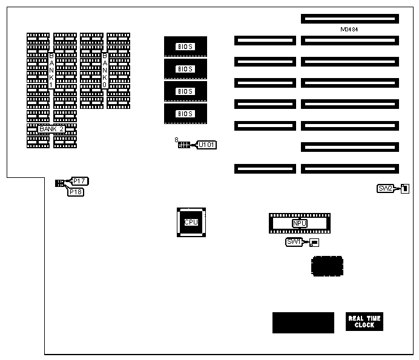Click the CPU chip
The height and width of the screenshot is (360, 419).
point(191,222)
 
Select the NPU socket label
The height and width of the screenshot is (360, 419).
point(299,224)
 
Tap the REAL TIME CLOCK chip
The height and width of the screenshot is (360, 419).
point(364,322)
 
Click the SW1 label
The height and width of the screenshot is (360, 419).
point(294,242)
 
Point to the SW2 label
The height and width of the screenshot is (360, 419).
point(386,188)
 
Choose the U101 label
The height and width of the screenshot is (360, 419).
point(207,145)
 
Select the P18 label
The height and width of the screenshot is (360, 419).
point(76,192)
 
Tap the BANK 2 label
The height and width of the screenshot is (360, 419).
point(51,129)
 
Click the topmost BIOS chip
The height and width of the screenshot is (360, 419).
point(185,47)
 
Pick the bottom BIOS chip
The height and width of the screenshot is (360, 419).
point(185,114)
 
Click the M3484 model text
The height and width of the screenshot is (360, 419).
point(350,30)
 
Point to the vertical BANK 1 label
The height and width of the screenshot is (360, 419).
point(51,70)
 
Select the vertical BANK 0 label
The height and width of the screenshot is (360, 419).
point(105,70)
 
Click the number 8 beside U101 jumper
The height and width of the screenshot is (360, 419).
point(176,140)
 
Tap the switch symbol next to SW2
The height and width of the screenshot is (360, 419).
point(404,188)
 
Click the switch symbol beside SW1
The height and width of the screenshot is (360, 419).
point(314,243)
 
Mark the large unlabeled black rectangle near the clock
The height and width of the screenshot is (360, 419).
point(303,322)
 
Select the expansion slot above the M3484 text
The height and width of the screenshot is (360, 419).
point(349,19)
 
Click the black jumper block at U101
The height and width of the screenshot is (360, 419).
point(184,145)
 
